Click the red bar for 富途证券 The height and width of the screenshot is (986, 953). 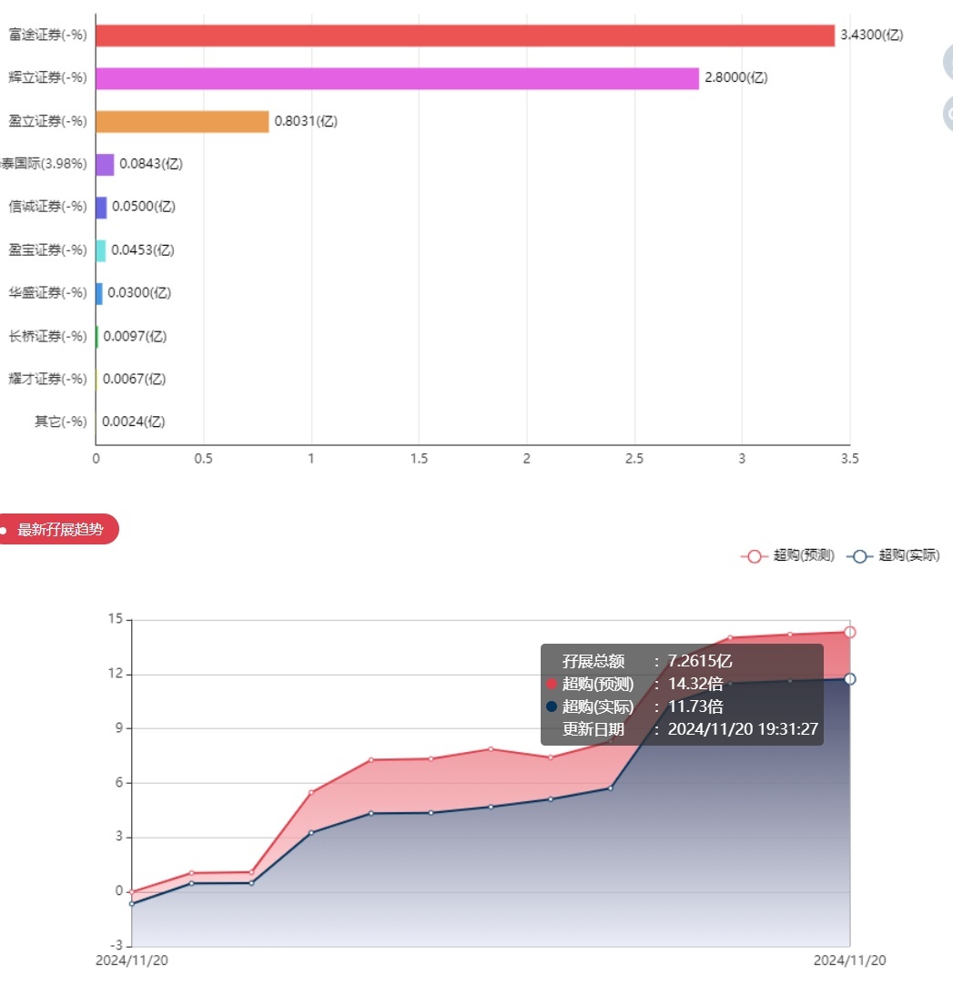pos(464,36)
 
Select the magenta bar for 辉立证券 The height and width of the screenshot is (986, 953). pos(397,78)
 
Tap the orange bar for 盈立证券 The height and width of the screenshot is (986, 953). pos(182,121)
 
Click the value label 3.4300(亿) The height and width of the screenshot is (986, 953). pos(871,36)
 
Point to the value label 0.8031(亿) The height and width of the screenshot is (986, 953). pos(306,121)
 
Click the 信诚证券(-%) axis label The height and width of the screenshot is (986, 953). pos(47,207)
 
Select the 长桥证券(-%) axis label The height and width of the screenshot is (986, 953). pos(47,336)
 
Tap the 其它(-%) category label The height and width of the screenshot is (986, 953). pos(60,422)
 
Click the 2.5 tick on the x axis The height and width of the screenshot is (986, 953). pos(634,459)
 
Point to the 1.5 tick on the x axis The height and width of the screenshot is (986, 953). pos(419,459)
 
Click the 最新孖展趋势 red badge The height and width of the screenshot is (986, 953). pos(59,529)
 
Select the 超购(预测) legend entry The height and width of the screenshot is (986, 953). pos(788,555)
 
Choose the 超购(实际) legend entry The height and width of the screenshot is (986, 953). pos(894,555)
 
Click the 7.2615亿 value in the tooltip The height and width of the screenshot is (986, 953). pos(700,661)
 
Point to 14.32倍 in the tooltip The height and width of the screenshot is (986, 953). pos(695,684)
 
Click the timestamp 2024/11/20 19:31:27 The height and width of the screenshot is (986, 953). pos(743,728)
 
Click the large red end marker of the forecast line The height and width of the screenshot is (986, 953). pos(849,632)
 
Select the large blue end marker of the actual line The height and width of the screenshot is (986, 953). pos(849,679)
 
